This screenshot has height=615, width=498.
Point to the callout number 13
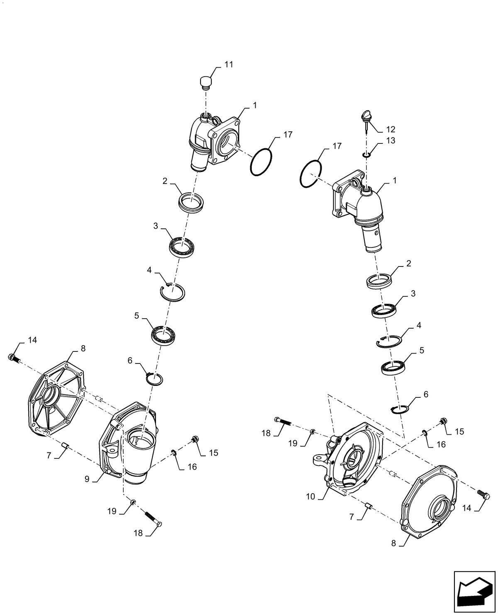click(390, 140)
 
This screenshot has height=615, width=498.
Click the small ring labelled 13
click(366, 155)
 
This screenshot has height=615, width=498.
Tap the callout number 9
click(87, 479)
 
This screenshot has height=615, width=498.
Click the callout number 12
click(391, 129)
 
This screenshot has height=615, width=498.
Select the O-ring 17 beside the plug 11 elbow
click(261, 163)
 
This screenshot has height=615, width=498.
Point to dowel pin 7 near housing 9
click(65, 446)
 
